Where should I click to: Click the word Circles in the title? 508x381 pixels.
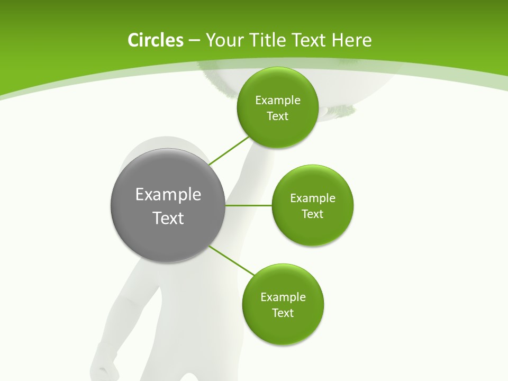tap(155, 40)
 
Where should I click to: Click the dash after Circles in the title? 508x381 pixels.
tap(194, 41)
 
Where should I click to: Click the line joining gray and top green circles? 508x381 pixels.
tap(229, 150)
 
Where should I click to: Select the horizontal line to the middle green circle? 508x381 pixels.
tap(249, 205)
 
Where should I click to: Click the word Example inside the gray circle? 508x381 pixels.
tap(168, 194)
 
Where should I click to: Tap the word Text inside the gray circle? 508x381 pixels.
tap(168, 218)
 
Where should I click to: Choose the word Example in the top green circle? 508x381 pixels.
tap(278, 100)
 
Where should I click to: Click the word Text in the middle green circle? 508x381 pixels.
tap(313, 214)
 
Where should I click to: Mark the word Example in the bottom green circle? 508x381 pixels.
tap(283, 297)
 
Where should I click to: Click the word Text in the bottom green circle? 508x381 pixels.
tap(283, 313)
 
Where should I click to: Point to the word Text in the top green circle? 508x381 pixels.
tap(277, 116)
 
